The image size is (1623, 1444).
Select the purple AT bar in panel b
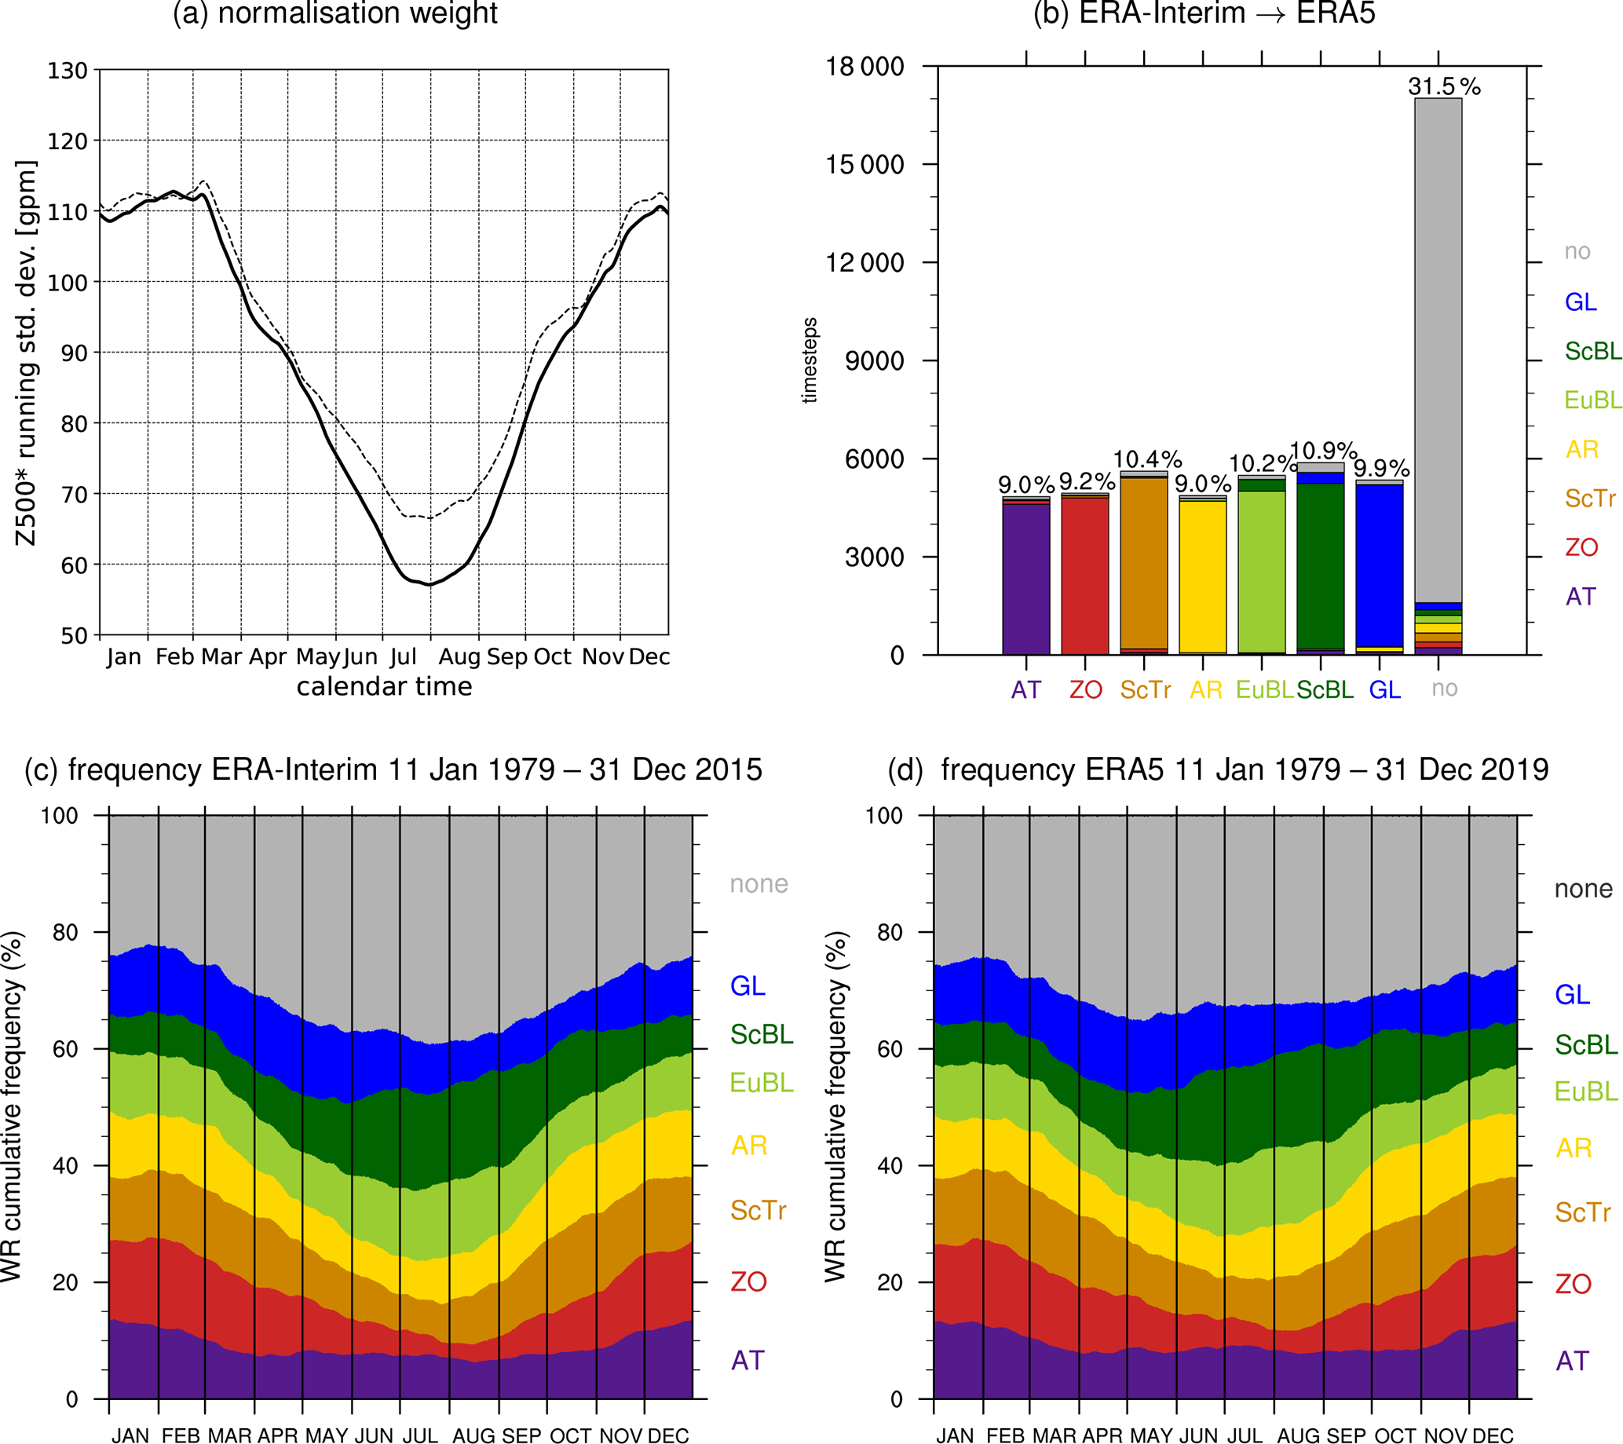tap(1026, 579)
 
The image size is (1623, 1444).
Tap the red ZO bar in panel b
tap(1084, 576)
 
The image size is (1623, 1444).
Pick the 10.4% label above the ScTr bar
tap(1147, 459)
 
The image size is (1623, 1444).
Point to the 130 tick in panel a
tap(68, 71)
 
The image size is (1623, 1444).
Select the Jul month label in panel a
tap(404, 656)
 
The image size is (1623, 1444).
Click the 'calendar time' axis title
tap(384, 685)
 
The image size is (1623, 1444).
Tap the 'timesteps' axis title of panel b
tap(809, 360)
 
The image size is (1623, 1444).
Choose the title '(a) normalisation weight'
tap(335, 13)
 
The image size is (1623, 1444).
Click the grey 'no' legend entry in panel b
tap(1577, 251)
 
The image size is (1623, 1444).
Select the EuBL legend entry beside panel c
tap(762, 1082)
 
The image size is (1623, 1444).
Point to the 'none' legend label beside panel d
tap(1583, 888)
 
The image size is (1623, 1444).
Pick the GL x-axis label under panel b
tap(1385, 690)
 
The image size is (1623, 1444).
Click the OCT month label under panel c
tap(571, 1435)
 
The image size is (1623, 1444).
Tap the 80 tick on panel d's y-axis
tap(891, 932)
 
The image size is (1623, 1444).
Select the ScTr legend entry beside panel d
tap(1582, 1212)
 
